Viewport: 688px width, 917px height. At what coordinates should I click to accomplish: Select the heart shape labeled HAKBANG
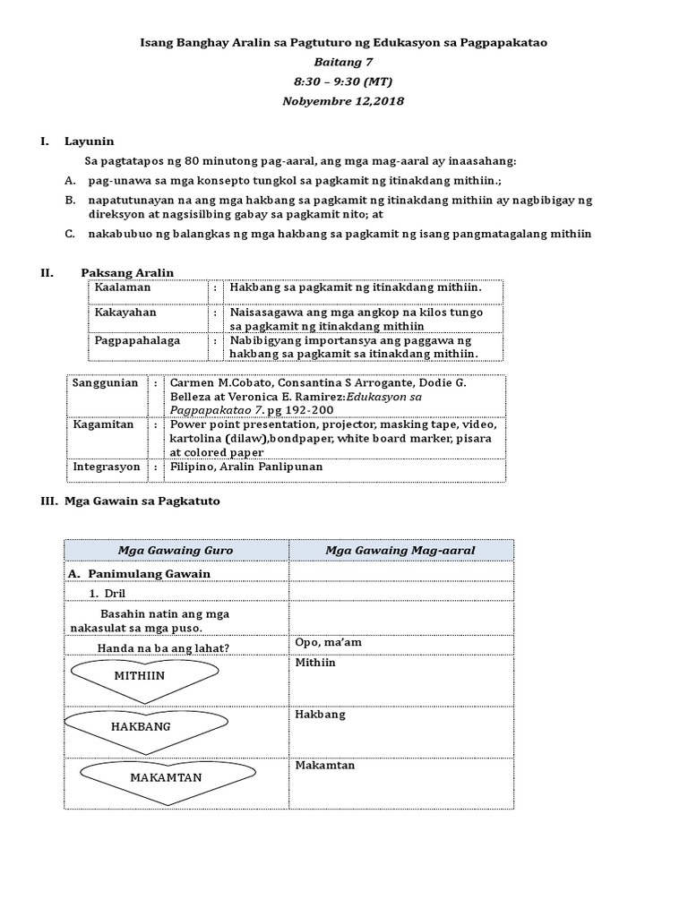[141, 726]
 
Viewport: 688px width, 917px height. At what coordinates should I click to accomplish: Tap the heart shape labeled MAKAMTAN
[166, 777]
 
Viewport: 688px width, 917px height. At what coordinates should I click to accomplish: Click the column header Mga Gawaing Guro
[176, 550]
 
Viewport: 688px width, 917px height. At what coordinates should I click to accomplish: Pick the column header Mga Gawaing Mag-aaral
[400, 550]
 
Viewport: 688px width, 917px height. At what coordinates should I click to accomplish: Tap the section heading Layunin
[89, 141]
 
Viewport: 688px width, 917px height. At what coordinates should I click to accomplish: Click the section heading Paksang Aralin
[127, 273]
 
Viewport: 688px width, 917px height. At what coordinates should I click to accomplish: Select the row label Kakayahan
[126, 313]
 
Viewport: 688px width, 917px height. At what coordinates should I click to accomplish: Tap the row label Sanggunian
[106, 383]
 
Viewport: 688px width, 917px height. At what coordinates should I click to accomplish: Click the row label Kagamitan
[103, 425]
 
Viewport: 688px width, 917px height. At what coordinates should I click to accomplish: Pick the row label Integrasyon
[107, 467]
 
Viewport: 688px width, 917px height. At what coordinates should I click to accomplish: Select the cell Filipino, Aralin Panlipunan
[246, 467]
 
